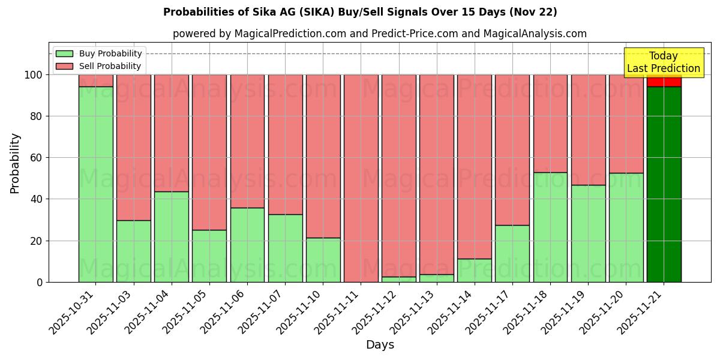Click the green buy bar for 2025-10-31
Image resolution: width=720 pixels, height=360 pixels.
[x=95, y=184]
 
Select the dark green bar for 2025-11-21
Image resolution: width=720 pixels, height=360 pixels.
[x=664, y=184]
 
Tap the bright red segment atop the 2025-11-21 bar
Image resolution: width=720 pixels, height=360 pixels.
[x=664, y=81]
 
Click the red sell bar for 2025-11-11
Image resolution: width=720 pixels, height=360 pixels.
[x=361, y=178]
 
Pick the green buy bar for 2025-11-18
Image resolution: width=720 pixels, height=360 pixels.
[x=550, y=227]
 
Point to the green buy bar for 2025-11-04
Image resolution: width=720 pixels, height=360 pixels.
[x=171, y=237]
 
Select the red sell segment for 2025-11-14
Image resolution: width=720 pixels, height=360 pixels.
[x=474, y=167]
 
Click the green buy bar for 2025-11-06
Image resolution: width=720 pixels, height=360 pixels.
[x=247, y=245]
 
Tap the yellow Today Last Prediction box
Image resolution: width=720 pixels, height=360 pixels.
[x=663, y=62]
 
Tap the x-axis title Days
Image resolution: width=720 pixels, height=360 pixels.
[x=380, y=345]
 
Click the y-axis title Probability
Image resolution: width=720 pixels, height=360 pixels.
[x=15, y=163]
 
